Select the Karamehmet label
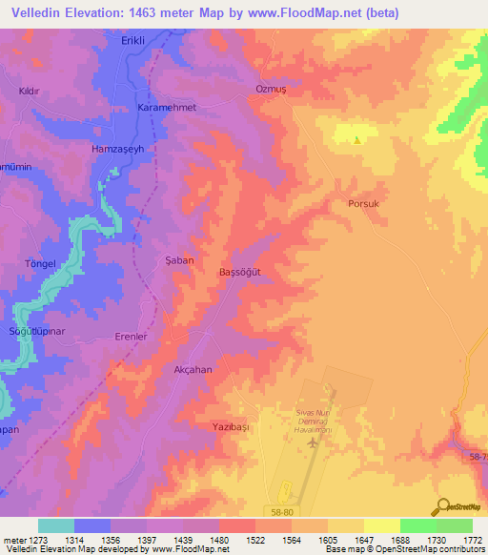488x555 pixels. pos(168,108)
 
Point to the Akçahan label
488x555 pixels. pos(193,369)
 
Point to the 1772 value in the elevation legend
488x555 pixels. pos(472,541)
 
